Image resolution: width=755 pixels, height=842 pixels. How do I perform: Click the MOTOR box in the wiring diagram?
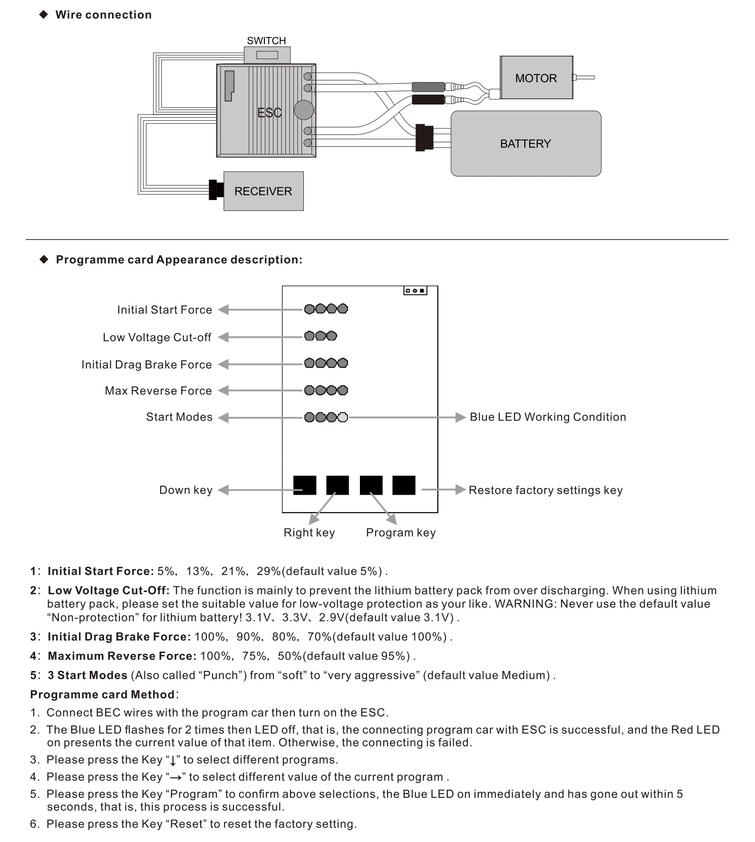coord(536,78)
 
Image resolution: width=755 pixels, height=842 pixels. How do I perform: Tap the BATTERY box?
coord(525,144)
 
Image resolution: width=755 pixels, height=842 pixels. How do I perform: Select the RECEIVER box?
coord(263,191)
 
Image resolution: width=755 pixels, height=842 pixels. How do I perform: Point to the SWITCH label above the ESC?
coord(266,41)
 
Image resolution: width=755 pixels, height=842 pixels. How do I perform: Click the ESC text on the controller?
coord(269,113)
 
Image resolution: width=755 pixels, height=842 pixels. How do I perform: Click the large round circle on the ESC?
coord(304,110)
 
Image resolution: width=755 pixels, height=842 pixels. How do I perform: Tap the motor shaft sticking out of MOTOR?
coord(585,77)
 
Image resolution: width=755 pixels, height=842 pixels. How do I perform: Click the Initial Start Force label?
coord(165,310)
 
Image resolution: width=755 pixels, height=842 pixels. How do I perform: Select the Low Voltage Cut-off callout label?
coord(157,337)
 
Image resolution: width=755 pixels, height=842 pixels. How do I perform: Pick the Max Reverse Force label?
coord(158,391)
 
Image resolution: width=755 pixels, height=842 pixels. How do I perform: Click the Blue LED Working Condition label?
coord(548,417)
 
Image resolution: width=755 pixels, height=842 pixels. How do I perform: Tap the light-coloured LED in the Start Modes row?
coord(343,417)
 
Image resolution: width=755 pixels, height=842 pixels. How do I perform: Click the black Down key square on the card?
coord(305,485)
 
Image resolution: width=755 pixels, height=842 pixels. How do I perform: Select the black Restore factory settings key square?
coord(404,485)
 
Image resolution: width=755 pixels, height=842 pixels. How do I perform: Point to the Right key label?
coord(309,533)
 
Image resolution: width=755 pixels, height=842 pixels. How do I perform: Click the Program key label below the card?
coord(400,533)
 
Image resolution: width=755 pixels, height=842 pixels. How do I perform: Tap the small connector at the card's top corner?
coord(415,290)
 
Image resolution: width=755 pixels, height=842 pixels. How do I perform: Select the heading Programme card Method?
coord(102,695)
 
